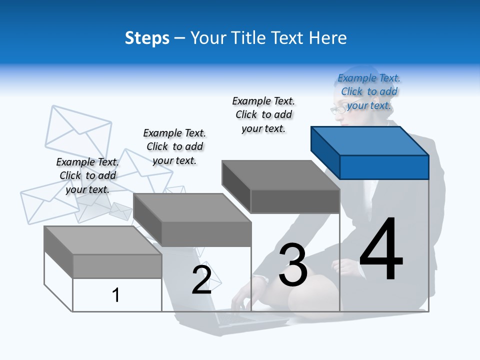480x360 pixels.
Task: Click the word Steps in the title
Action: click(147, 38)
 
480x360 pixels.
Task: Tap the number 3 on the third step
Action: click(292, 264)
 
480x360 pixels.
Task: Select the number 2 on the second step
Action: click(201, 279)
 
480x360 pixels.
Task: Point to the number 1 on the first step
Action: click(116, 295)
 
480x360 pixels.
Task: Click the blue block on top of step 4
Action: click(370, 152)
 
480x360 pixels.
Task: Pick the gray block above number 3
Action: click(281, 187)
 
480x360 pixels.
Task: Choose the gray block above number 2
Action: click(192, 220)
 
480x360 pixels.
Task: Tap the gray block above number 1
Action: click(103, 252)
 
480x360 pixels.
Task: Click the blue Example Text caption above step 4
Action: click(369, 92)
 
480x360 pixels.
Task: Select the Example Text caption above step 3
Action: click(263, 115)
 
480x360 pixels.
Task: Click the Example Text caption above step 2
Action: click(174, 146)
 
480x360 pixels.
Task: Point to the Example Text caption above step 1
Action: click(87, 175)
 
